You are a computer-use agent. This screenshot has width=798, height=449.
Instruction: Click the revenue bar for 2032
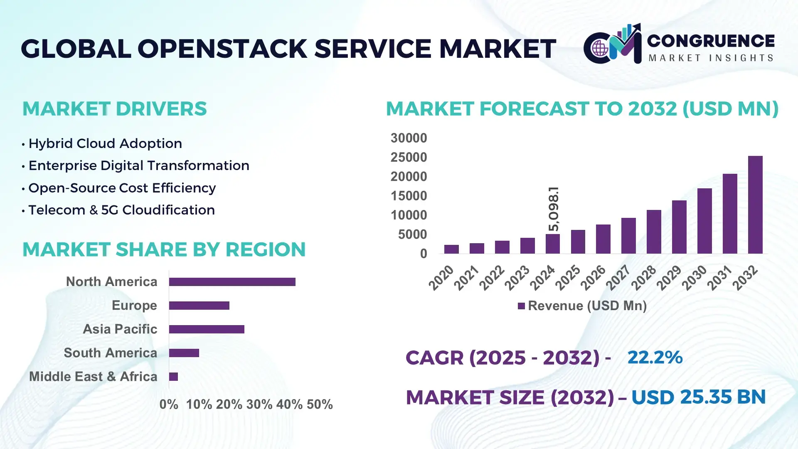tap(755, 205)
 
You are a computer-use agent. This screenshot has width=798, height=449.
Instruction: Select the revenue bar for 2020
tap(451, 249)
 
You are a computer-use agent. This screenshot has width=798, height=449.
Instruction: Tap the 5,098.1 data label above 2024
tap(554, 209)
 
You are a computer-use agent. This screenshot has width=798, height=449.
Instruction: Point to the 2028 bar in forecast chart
tap(654, 232)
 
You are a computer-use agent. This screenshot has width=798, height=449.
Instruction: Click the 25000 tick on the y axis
tap(409, 157)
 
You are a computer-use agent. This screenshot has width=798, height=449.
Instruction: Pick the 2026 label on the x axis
tap(593, 277)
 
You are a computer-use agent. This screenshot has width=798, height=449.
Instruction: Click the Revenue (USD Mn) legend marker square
tap(521, 306)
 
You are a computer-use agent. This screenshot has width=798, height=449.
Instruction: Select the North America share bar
tap(232, 282)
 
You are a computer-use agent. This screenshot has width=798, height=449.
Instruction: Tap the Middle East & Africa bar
tap(173, 377)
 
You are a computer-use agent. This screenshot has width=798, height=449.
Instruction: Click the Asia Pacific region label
tap(120, 329)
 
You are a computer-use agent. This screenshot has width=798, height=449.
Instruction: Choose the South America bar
tap(184, 353)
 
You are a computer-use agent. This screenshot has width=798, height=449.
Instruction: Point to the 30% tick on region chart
tap(259, 405)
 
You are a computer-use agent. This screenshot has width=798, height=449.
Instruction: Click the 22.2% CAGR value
tap(655, 357)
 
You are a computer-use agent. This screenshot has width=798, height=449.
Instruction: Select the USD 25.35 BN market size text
tap(698, 397)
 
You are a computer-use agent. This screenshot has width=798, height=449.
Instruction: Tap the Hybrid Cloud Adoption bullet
tap(105, 143)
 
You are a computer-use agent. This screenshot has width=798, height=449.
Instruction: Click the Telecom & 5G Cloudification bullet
tap(121, 210)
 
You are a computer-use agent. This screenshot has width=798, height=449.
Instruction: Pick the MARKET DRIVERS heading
tap(114, 109)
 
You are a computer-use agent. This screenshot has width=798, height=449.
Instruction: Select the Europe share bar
tap(199, 306)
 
